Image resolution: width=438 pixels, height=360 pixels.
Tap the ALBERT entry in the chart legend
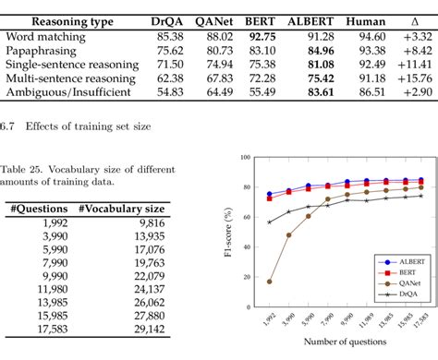[402, 259]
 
